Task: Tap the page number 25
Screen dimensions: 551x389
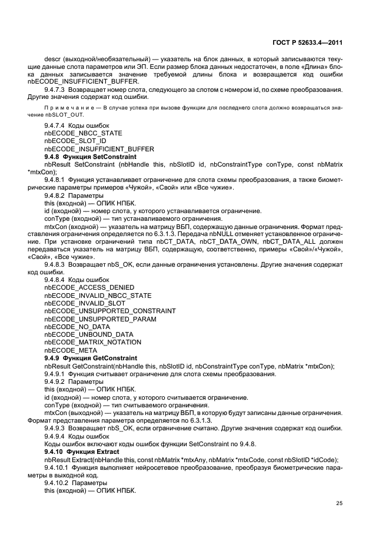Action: click(339, 502)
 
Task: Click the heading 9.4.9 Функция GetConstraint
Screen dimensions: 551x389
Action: click(91, 358)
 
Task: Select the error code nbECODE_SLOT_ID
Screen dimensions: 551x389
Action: click(75, 142)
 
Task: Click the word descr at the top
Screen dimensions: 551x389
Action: click(52, 59)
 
